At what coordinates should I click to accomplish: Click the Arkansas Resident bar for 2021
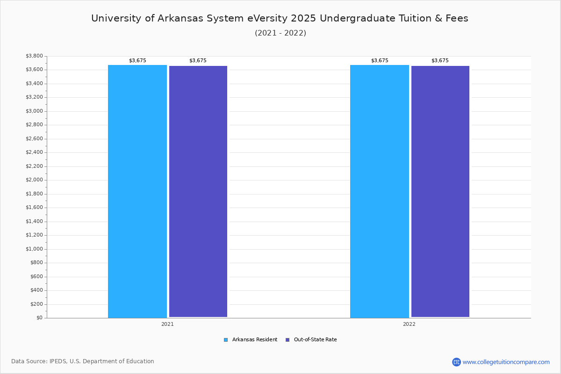(x=137, y=191)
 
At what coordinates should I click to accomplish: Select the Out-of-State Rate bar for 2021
(x=198, y=192)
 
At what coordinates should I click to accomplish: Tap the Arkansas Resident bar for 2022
(x=380, y=191)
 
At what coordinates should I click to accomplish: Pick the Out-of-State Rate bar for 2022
(x=440, y=192)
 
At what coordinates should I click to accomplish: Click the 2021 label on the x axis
(x=167, y=324)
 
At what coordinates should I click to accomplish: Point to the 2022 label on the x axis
(x=409, y=324)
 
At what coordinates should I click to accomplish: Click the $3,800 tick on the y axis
(x=34, y=56)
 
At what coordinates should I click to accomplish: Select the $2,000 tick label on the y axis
(x=34, y=180)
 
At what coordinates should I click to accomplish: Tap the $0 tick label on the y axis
(x=40, y=318)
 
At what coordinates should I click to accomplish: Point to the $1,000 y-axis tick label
(x=34, y=249)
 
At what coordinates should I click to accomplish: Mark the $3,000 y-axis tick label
(x=34, y=111)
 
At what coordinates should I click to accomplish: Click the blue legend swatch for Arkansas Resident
(x=226, y=340)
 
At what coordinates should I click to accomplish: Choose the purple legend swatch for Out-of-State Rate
(x=288, y=340)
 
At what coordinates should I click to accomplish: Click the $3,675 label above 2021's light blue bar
(x=137, y=61)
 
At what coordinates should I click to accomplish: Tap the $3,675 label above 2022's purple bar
(x=440, y=61)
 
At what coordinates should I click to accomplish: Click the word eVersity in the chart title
(x=267, y=18)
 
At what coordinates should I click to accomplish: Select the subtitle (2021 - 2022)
(x=280, y=33)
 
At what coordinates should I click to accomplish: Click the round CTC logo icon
(x=456, y=362)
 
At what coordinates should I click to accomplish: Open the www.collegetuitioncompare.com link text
(x=506, y=362)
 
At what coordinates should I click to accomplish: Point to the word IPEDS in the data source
(x=58, y=361)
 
